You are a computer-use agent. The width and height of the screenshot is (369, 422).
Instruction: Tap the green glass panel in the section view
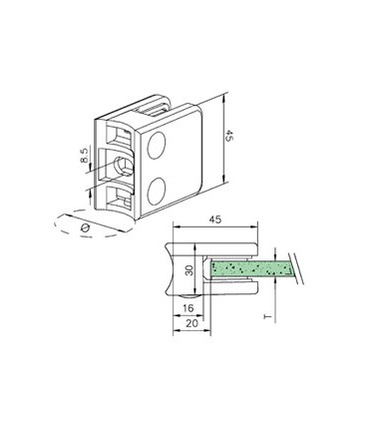pyautogui.click(x=249, y=267)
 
